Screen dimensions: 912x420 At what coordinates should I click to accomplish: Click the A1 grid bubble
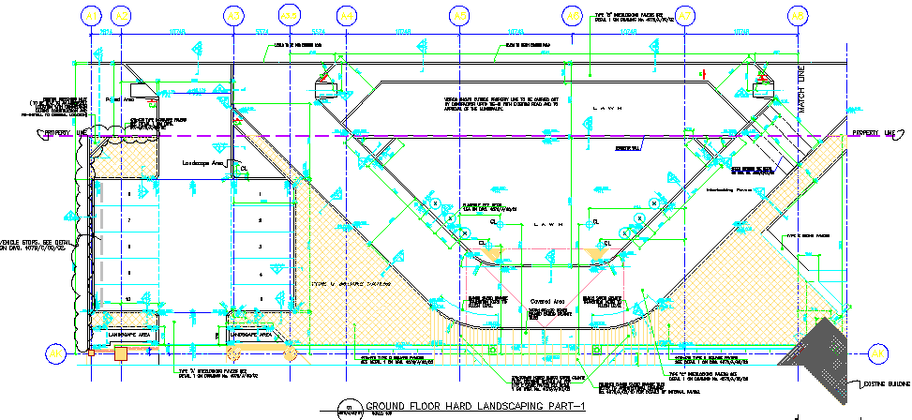click(91, 16)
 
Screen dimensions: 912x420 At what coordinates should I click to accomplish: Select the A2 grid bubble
click(121, 16)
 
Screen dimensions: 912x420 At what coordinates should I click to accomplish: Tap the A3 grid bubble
click(233, 16)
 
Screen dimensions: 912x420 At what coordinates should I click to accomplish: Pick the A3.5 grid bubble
click(291, 16)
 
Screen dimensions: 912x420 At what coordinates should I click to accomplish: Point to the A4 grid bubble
click(347, 16)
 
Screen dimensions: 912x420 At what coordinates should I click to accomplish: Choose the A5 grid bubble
click(459, 16)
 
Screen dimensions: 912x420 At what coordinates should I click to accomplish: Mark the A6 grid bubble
click(573, 16)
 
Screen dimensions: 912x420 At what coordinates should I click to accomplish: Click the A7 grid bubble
click(685, 16)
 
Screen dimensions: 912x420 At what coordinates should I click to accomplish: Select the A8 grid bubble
click(798, 16)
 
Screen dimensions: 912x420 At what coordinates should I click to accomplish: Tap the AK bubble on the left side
click(56, 352)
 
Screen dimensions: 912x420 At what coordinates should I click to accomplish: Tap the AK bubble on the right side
click(878, 352)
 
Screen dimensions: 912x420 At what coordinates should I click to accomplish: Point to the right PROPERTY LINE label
click(874, 133)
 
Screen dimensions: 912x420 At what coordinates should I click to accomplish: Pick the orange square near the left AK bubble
click(120, 353)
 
